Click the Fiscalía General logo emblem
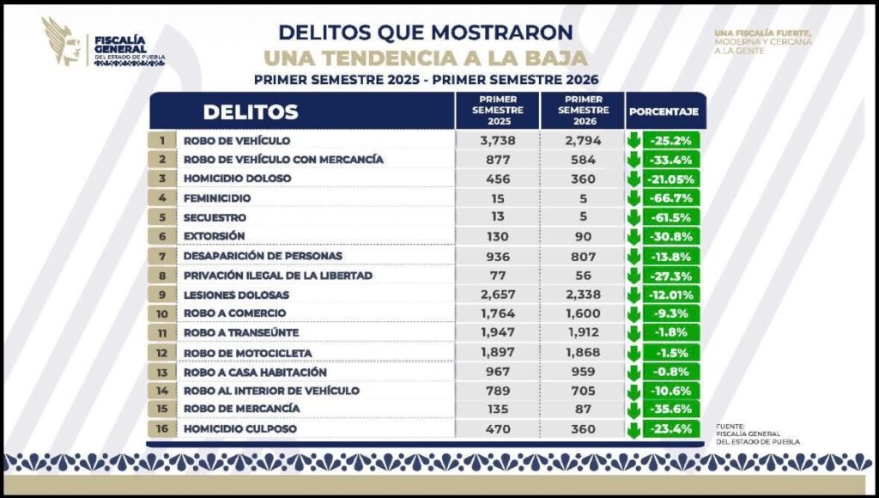point(61,42)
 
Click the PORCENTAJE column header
point(664,112)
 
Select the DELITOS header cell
point(302,111)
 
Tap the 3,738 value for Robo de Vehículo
point(498,141)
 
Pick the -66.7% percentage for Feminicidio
point(671,198)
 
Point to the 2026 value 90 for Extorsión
point(583,237)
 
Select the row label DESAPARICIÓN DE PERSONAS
point(263,256)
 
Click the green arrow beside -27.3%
point(634,276)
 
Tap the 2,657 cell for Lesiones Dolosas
point(498,295)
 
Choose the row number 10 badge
point(162,313)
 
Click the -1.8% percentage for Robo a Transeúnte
point(671,332)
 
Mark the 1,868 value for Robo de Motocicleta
point(584,352)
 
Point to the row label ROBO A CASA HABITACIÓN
point(255,373)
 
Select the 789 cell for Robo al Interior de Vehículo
point(498,391)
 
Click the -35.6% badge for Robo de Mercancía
point(671,409)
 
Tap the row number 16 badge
point(162,429)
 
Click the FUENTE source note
point(758,434)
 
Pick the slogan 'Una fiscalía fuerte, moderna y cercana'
point(763,41)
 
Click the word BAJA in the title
point(551,58)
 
